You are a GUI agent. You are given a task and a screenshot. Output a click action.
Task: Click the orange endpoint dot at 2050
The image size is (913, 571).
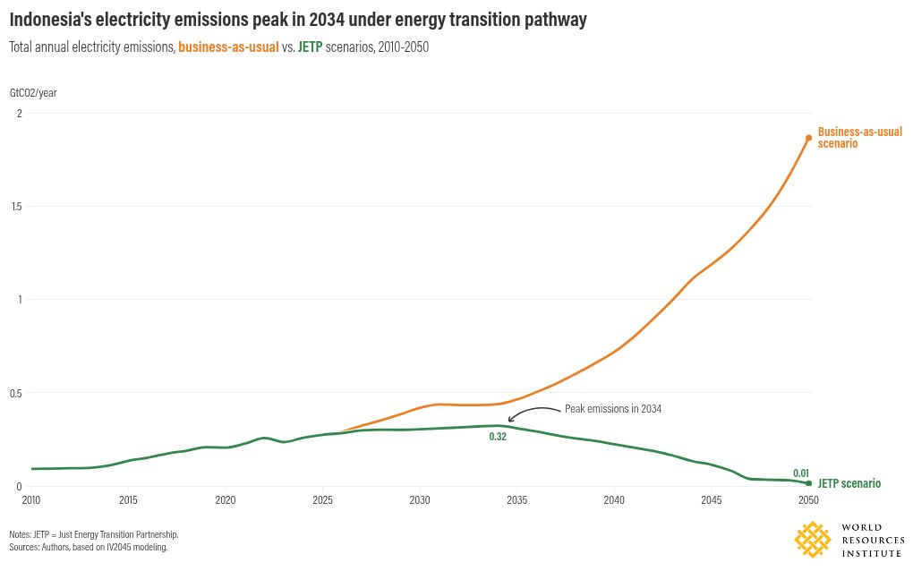pos(808,138)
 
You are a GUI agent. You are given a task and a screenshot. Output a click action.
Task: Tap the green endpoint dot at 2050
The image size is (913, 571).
pos(808,483)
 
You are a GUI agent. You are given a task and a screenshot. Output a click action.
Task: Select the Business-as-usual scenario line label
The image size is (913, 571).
pos(859,137)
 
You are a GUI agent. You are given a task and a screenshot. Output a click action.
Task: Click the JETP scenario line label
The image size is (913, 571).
pos(849,483)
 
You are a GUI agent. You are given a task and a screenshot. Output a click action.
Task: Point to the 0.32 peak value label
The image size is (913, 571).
pos(498,437)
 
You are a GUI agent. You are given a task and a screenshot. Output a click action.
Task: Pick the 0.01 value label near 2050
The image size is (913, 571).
pos(801,473)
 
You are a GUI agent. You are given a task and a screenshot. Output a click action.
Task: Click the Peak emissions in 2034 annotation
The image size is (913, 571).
pos(612,409)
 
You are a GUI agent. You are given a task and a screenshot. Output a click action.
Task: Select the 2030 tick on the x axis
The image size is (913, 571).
pos(420,499)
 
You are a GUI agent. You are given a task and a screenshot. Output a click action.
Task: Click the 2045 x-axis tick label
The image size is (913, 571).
pos(712,499)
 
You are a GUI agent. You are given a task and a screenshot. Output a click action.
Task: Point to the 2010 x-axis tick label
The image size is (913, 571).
pos(31,499)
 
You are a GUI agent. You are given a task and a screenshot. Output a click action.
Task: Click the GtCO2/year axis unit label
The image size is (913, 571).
pos(33,92)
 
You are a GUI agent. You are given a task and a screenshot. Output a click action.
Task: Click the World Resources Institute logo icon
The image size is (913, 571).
pos(813,540)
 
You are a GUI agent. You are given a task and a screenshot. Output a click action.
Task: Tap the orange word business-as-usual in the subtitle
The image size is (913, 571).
pos(228,47)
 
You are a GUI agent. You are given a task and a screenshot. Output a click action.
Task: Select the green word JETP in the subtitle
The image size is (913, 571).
pos(310,47)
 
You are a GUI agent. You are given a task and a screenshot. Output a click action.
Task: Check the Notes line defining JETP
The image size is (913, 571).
pos(94,534)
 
